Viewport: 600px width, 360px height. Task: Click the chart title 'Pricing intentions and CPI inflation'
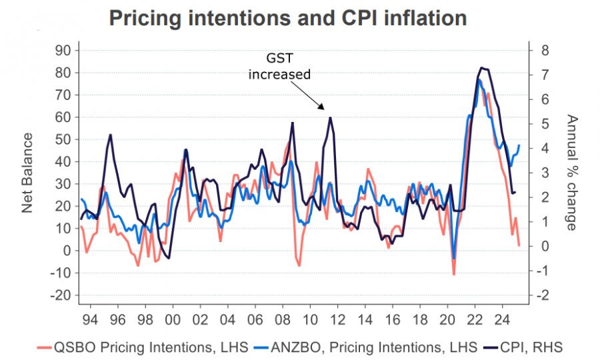coord(287,19)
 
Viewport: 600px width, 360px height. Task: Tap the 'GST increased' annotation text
coord(279,66)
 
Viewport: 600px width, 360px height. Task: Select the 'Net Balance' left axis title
coord(27,173)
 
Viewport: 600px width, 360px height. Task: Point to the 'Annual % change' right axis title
coord(571,173)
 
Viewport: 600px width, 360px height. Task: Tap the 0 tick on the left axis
coord(67,251)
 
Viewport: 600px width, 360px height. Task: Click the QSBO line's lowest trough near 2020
coord(454,274)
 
